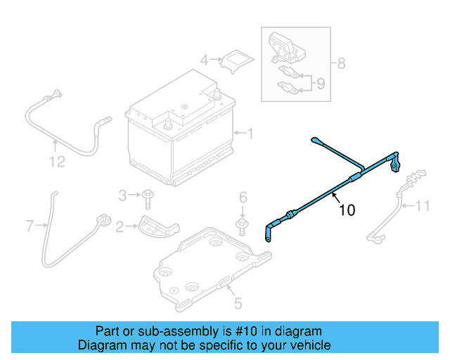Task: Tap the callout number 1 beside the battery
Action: click(250, 132)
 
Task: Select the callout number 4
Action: click(204, 60)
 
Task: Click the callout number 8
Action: click(342, 64)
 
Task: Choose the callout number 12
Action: click(57, 162)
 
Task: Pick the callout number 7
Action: click(30, 226)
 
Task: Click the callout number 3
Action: click(122, 195)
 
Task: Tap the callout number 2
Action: click(120, 226)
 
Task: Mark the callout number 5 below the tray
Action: click(238, 304)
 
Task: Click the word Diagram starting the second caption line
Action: click(100, 345)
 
